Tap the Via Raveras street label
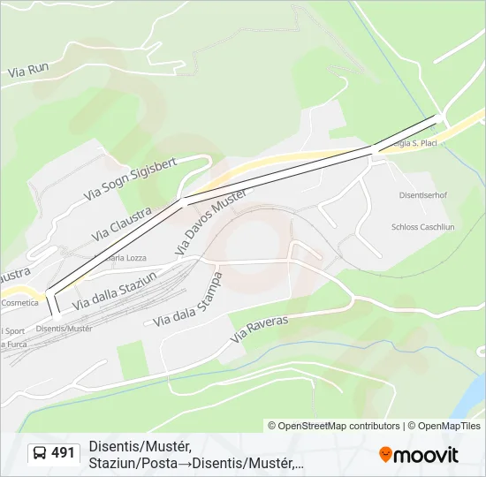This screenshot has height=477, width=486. (x=259, y=330)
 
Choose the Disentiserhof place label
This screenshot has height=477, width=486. (x=422, y=195)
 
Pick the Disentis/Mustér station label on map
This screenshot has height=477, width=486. (x=64, y=329)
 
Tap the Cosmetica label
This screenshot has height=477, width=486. (x=19, y=302)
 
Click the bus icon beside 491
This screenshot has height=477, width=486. (x=39, y=453)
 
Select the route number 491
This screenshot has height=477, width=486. (x=64, y=453)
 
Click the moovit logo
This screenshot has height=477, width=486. (x=419, y=455)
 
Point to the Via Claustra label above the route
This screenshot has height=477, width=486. (x=121, y=224)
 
